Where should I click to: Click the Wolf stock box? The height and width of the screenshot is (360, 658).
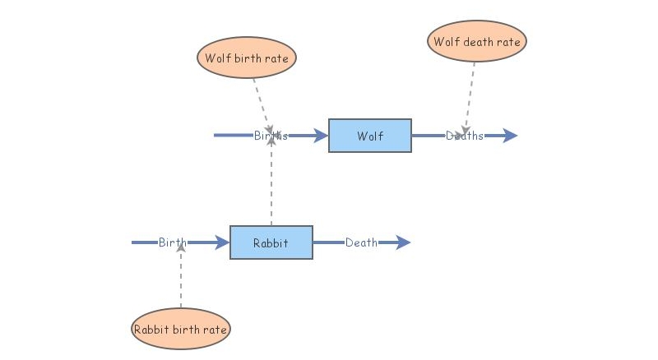click(370, 136)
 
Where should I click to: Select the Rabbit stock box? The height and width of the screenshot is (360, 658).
click(271, 242)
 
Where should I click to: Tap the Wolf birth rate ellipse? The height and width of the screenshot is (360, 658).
click(247, 58)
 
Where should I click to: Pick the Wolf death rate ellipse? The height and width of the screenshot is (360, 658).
click(477, 40)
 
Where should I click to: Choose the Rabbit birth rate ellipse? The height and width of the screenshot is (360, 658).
click(181, 330)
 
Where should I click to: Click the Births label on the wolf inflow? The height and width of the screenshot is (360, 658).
click(271, 136)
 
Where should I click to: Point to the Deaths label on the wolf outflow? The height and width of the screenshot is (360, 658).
click(465, 136)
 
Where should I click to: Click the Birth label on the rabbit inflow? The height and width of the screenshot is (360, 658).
click(173, 242)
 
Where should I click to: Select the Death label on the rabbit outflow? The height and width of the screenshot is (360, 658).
click(362, 242)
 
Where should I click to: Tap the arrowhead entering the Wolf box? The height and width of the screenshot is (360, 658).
click(321, 136)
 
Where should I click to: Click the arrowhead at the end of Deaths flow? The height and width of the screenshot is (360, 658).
click(509, 136)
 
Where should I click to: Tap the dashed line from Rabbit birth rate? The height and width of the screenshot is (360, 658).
click(181, 279)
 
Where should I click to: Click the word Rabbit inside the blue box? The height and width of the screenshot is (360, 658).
click(271, 242)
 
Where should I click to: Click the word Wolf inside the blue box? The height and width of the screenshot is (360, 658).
click(370, 136)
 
